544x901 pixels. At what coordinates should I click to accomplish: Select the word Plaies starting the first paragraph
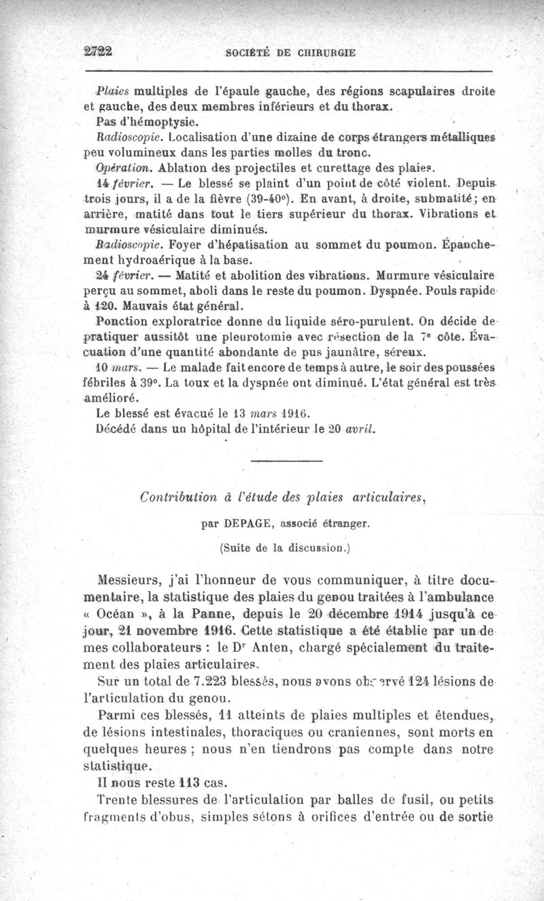[107, 91]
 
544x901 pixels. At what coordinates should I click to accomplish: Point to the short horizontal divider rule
[286, 461]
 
